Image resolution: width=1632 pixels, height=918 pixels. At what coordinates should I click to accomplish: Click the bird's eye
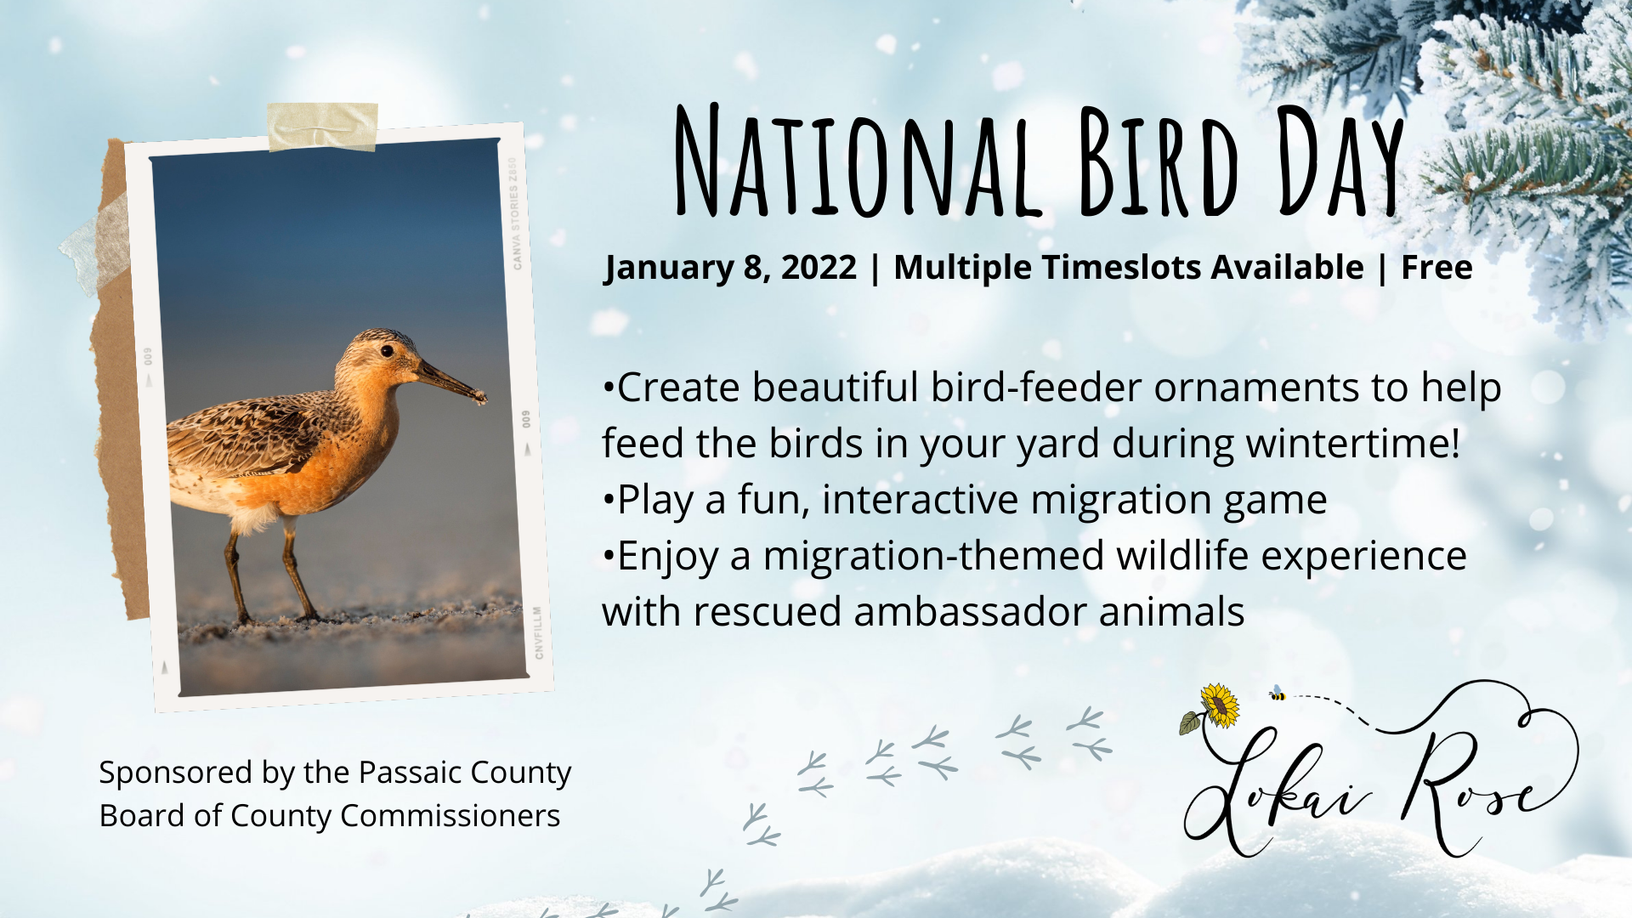pos(387,350)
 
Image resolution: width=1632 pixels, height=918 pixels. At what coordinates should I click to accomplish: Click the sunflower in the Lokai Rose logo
pos(1220,705)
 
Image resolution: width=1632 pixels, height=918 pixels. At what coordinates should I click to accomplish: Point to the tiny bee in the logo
pos(1277,694)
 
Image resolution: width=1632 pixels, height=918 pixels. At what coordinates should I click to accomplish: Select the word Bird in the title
pos(1159,161)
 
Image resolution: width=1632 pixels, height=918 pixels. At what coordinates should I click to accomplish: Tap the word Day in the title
pos(1340,161)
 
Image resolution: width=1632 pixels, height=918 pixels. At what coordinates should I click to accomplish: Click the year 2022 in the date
pos(819,268)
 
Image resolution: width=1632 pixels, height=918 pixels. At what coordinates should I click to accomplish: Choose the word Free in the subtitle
pos(1436,268)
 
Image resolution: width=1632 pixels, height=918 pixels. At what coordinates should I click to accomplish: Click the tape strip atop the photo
pos(322,127)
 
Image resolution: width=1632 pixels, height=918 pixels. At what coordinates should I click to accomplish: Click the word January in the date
pos(668,269)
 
